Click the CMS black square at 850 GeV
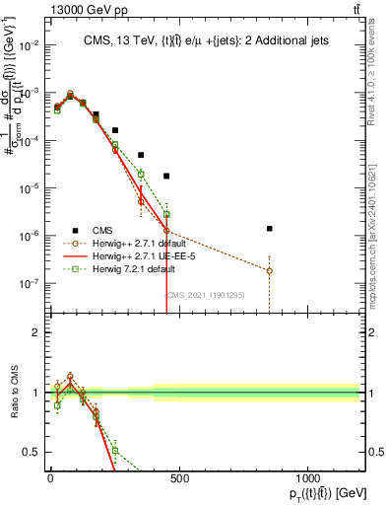coord(269,228)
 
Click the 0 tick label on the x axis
coord(50,480)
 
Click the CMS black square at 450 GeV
coord(166,176)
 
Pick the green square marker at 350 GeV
coord(141,174)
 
